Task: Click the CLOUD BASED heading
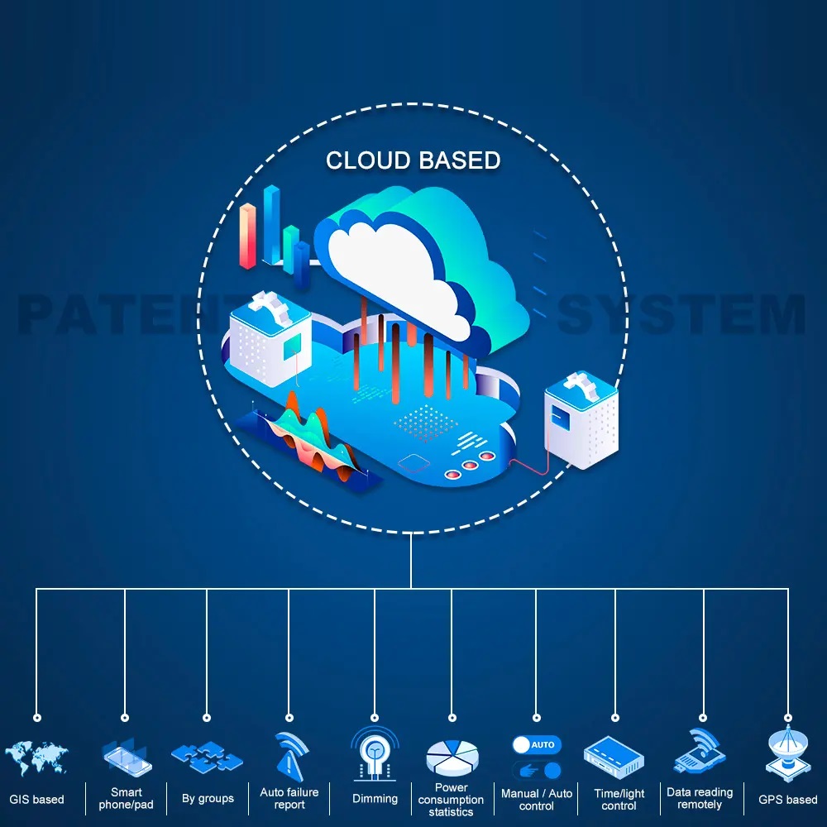pos(413,160)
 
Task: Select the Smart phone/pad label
pos(126,798)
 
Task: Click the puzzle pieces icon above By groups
pos(207,756)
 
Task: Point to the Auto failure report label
pos(289,798)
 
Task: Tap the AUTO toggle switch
pos(536,744)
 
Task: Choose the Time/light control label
pos(619,799)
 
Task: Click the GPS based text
pos(787,800)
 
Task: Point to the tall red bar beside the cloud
pos(247,236)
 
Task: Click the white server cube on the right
pos(581,422)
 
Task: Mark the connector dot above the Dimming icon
pos(375,717)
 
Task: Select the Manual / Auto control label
pos(536,799)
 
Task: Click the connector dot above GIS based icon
pos(36,717)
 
